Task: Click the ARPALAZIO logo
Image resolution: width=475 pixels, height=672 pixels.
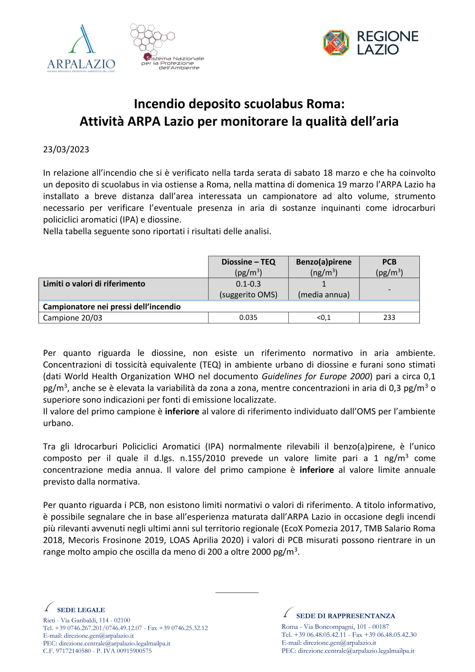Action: point(81,49)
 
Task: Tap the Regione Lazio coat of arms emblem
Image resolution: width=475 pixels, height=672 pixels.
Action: point(336,43)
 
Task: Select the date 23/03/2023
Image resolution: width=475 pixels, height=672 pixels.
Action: point(66,149)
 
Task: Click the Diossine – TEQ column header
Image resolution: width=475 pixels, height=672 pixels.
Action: point(248,267)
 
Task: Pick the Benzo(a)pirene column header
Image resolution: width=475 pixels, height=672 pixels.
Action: point(323,267)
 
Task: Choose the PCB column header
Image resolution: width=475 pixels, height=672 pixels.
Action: point(389,267)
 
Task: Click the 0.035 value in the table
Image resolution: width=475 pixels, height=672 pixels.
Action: point(248,317)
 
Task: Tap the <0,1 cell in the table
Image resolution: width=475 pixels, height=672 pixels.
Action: point(323,317)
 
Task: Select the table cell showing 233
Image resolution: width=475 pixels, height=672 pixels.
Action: point(389,317)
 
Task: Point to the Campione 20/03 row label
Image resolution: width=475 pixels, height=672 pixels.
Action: point(73,318)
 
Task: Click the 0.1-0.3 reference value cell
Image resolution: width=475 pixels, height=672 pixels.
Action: point(248,289)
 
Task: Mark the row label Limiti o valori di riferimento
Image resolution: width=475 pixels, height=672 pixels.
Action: point(94,284)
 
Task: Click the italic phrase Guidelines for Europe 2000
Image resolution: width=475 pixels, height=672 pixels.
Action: point(316,376)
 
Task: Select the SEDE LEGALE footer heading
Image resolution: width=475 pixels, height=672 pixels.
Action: point(81,610)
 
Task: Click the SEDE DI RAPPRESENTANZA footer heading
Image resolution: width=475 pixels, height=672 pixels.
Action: point(345,616)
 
